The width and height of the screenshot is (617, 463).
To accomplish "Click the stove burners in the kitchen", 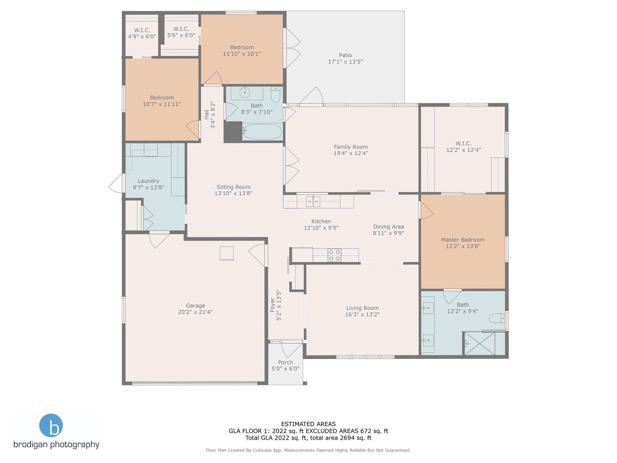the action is click(334, 255).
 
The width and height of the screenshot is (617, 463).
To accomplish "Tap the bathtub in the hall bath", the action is click(262, 132).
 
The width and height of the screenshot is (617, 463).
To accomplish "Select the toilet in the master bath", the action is click(497, 318).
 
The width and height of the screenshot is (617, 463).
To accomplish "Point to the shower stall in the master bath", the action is click(479, 343).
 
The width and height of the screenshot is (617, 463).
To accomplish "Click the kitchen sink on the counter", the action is click(313, 201).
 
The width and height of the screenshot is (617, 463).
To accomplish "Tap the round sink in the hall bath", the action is click(245, 93).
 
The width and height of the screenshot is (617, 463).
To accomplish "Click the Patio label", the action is click(345, 55).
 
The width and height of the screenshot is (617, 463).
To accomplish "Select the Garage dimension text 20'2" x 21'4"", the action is click(195, 312).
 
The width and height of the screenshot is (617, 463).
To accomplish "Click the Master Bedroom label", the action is click(463, 240).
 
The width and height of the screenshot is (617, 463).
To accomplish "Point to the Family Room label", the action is click(351, 147).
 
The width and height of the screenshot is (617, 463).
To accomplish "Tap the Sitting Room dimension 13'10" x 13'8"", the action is click(233, 193).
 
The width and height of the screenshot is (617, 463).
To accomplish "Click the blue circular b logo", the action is click(51, 425).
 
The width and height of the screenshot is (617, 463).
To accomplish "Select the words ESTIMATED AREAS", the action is click(308, 424).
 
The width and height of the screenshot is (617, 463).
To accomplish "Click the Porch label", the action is click(285, 362).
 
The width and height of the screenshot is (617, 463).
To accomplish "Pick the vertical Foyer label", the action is click(273, 305).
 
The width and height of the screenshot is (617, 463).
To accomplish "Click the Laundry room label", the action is click(149, 181).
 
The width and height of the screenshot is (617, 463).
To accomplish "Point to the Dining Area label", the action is click(388, 227).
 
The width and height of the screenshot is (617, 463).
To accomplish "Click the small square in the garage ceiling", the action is click(227, 253).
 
